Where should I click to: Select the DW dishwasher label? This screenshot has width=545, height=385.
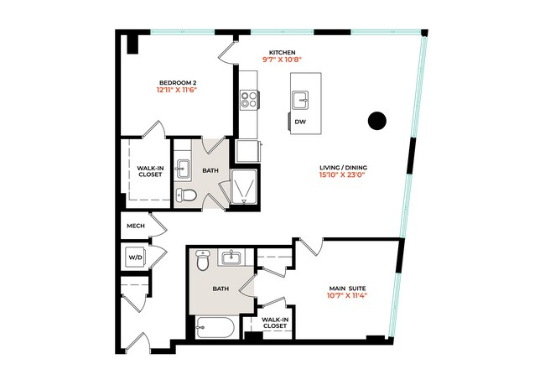pyautogui.click(x=300, y=122)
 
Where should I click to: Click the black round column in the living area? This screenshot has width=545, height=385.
pyautogui.click(x=377, y=122)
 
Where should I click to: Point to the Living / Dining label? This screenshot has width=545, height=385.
pyautogui.click(x=343, y=167)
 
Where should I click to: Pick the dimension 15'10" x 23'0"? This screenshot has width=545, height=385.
pyautogui.click(x=343, y=176)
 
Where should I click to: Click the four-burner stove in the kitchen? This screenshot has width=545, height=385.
pyautogui.click(x=249, y=101)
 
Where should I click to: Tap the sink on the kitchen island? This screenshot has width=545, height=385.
pyautogui.click(x=301, y=100)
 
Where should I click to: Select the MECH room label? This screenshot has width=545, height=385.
pyautogui.click(x=136, y=226)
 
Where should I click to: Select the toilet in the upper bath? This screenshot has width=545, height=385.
pyautogui.click(x=188, y=196)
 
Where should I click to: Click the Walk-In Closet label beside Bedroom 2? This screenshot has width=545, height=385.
pyautogui.click(x=149, y=172)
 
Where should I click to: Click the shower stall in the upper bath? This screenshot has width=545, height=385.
pyautogui.click(x=245, y=188)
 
